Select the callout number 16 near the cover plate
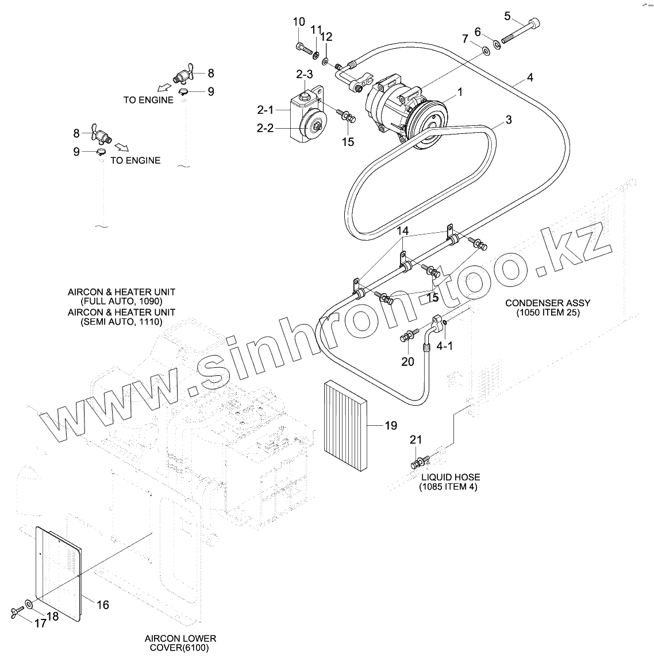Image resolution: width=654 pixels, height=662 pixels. (x=102, y=605)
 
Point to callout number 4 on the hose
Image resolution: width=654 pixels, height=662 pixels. (x=530, y=77)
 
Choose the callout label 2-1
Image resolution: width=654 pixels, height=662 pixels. (x=266, y=109)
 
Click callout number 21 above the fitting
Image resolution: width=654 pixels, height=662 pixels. (x=416, y=440)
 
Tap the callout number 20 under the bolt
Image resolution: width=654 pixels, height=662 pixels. (x=407, y=361)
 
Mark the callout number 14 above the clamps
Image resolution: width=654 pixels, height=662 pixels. (x=402, y=231)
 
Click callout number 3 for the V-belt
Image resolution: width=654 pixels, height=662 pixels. (x=509, y=120)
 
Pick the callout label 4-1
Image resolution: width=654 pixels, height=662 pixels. (x=445, y=347)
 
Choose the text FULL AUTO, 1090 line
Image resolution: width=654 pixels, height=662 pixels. (x=121, y=301)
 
